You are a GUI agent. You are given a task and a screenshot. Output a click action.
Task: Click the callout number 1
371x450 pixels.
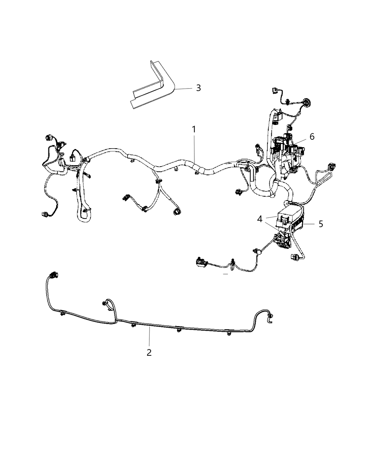coord(194,130)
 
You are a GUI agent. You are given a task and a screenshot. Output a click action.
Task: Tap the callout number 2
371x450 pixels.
coord(149,352)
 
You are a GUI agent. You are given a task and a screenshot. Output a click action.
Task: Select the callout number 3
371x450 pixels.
coord(199,88)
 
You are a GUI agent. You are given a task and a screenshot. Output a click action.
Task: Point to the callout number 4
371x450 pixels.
coord(260,219)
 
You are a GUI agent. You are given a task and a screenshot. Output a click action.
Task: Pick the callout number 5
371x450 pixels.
coord(321,224)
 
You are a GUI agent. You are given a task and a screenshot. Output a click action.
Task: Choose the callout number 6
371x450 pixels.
coord(312,136)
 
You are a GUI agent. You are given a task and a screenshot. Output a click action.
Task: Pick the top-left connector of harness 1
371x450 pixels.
coord(49,137)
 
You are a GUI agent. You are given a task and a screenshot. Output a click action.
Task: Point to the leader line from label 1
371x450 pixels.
coord(195,148)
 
